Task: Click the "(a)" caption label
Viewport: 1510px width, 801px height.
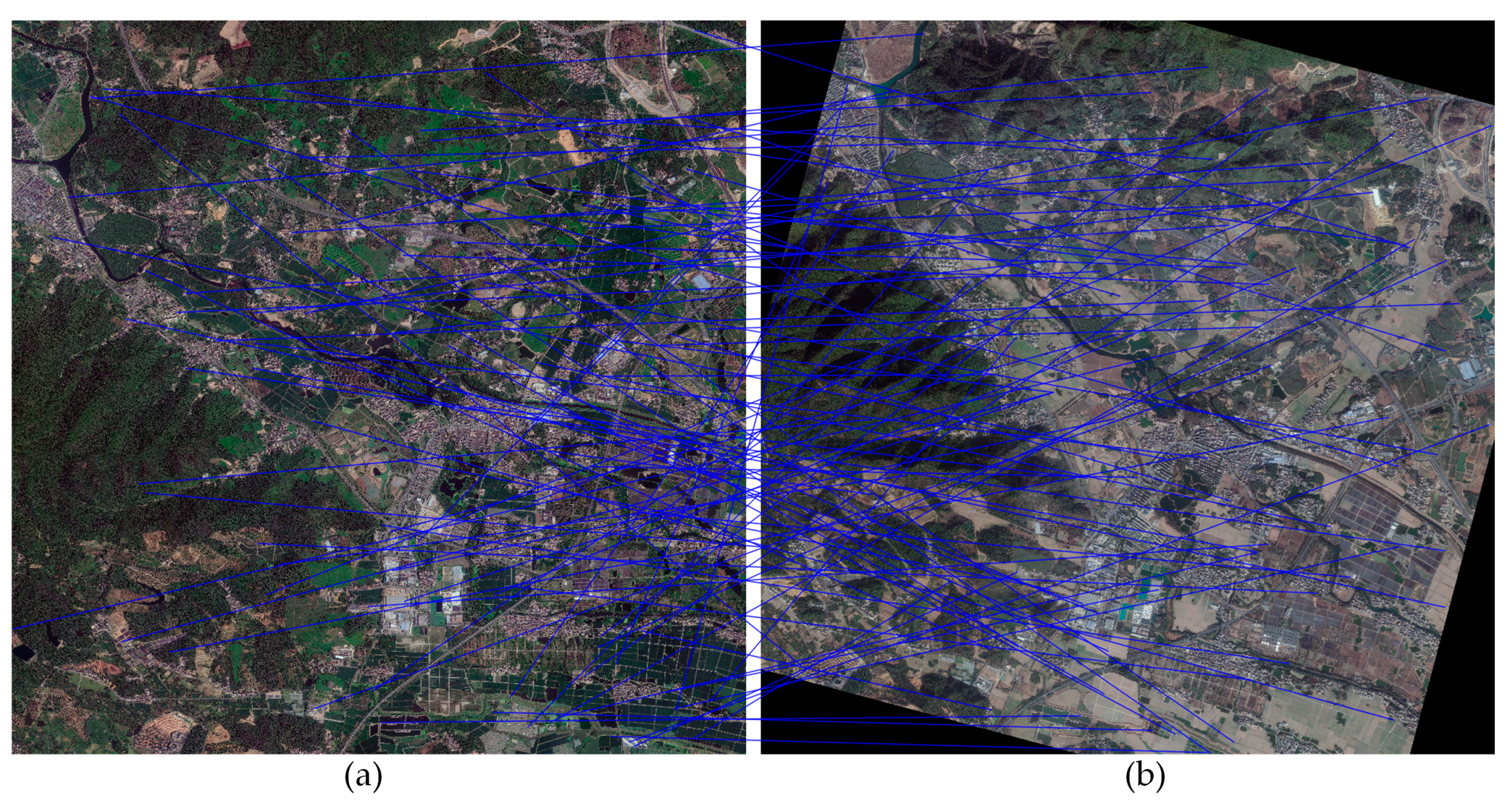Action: (363, 777)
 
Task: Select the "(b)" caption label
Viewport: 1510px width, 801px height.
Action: (1145, 777)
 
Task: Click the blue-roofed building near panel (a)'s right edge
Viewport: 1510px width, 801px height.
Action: (701, 282)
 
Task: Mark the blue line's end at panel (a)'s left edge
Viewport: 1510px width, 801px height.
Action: (14, 628)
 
